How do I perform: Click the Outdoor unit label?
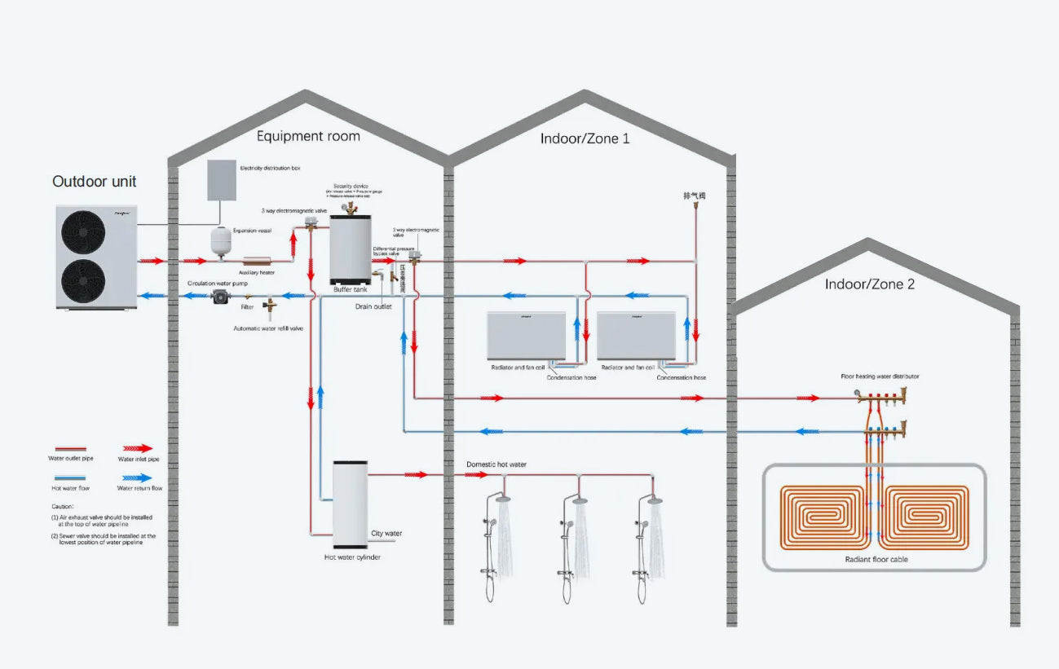[x=95, y=181]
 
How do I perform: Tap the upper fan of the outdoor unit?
[x=84, y=231]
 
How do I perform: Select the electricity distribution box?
[x=221, y=180]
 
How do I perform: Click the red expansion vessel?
[x=220, y=241]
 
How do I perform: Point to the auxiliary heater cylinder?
[x=251, y=261]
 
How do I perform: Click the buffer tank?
[x=350, y=249]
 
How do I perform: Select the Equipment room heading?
[x=308, y=136]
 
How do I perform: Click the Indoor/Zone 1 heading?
[x=585, y=139]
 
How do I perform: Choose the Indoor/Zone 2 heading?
[x=869, y=284]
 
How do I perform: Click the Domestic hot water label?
[x=496, y=464]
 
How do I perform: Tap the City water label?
[x=386, y=534]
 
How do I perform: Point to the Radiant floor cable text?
[x=876, y=560]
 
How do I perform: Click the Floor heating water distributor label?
[x=880, y=376]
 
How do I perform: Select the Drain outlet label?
[x=373, y=306]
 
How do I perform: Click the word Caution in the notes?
[x=61, y=506]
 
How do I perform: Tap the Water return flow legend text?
[x=139, y=488]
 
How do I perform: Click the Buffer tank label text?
[x=350, y=289]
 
